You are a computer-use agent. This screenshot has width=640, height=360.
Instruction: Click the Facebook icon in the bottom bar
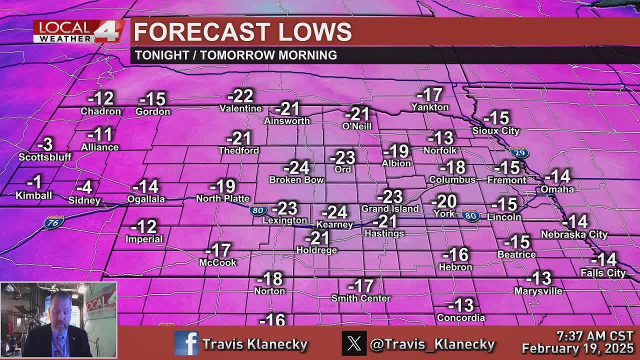click(x=186, y=343)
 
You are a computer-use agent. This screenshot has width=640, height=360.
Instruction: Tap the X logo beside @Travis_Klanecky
click(x=354, y=343)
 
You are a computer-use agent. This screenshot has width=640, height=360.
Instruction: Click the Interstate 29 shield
click(x=519, y=153)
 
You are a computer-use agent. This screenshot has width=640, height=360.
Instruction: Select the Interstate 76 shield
click(x=53, y=222)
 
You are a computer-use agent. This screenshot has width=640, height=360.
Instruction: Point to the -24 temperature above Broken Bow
click(x=296, y=167)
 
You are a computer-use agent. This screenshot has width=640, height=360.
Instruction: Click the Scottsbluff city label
click(x=45, y=157)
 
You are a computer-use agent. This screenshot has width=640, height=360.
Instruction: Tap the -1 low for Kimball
click(x=34, y=182)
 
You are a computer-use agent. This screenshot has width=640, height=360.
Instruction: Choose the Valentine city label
click(x=240, y=108)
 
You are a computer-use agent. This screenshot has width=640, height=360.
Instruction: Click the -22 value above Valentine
click(x=240, y=95)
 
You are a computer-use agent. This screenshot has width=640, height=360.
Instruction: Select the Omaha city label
click(x=557, y=189)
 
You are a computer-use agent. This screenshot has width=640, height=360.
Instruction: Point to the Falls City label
click(x=603, y=273)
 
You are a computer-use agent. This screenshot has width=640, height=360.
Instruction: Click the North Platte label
click(x=222, y=198)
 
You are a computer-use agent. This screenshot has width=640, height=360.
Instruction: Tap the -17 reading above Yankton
click(x=429, y=94)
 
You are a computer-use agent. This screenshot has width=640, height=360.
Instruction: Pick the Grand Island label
click(x=390, y=208)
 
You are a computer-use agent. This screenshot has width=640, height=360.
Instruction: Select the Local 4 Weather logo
click(x=79, y=31)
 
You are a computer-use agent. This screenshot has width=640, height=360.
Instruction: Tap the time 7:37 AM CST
click(x=595, y=336)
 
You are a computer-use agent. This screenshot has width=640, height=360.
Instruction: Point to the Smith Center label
click(x=361, y=298)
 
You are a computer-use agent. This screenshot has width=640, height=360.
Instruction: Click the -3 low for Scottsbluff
click(x=45, y=144)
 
